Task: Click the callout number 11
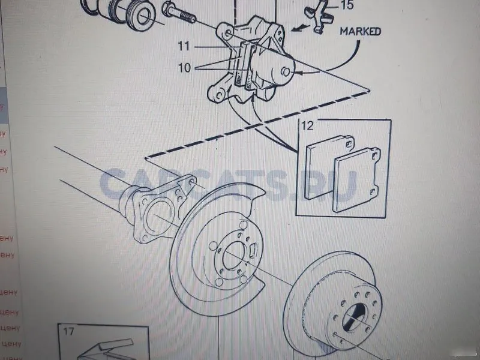pyautogui.click(x=183, y=45)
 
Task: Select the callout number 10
pyautogui.click(x=184, y=68)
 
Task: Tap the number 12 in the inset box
pyautogui.click(x=308, y=127)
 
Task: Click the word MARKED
pyautogui.click(x=359, y=31)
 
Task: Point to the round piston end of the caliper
pyautogui.click(x=284, y=72)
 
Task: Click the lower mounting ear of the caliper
pyautogui.click(x=216, y=94)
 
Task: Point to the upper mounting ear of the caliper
pyautogui.click(x=226, y=30)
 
